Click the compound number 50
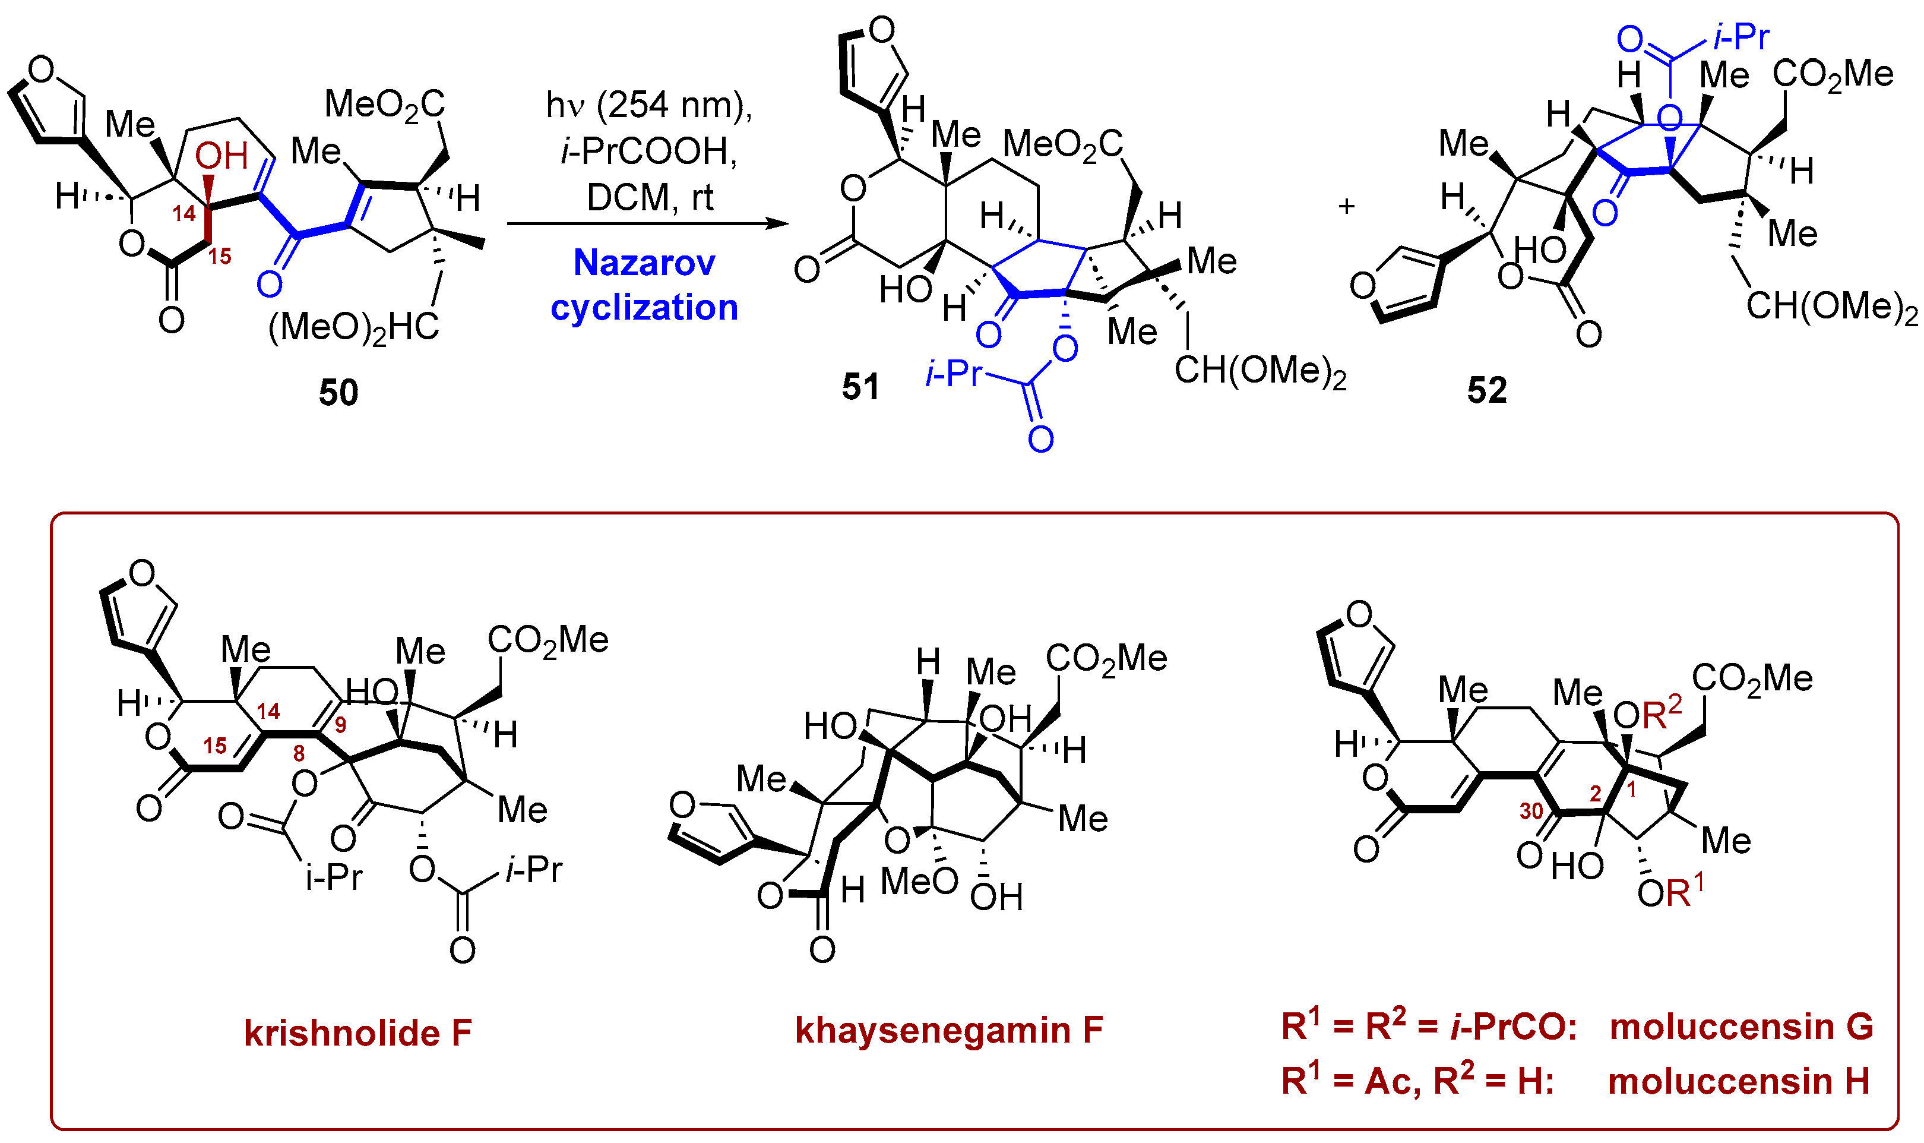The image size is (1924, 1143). (x=338, y=393)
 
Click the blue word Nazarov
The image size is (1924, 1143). (x=644, y=263)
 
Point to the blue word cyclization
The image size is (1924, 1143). (x=644, y=307)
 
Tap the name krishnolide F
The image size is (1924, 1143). (x=357, y=1033)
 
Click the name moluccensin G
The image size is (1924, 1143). (x=1741, y=1027)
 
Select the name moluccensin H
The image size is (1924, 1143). (x=1739, y=1081)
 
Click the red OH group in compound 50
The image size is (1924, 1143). (x=221, y=156)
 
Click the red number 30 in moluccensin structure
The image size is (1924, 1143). (x=1531, y=811)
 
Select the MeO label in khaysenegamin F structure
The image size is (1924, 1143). (x=919, y=881)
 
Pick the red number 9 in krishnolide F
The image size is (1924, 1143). (x=340, y=724)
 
